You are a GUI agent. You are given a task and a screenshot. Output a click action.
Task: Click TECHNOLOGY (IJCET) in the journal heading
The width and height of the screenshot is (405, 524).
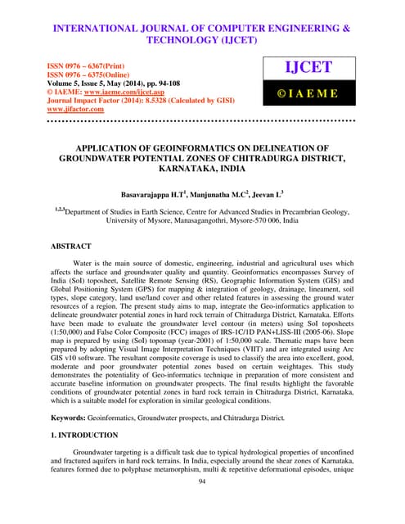point(202,38)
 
